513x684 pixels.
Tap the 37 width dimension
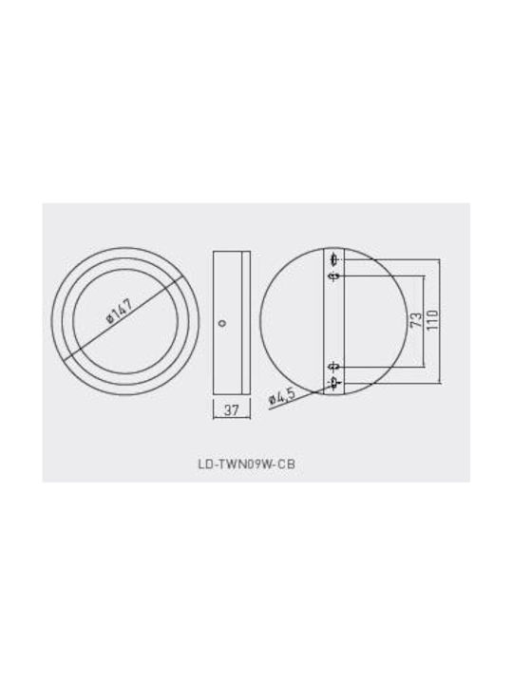point(232,409)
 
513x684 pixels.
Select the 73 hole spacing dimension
point(416,321)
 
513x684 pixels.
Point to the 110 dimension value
point(432,321)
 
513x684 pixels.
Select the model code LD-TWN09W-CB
point(246,464)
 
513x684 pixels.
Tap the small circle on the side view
point(223,323)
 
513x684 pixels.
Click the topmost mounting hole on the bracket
point(334,259)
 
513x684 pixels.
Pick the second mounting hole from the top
point(334,276)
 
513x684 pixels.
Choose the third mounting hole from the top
point(334,366)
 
